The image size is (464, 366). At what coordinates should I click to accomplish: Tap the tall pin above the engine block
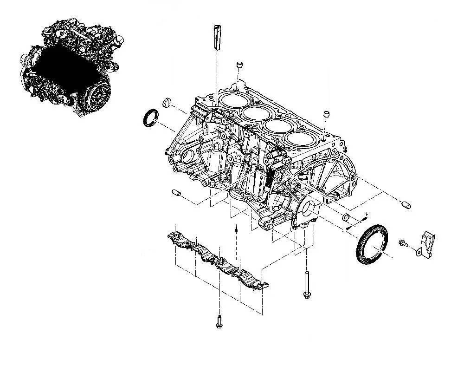tap(217, 38)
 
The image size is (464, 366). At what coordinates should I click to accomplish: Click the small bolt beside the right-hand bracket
tap(403, 243)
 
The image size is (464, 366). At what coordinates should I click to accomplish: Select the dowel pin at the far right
tap(406, 204)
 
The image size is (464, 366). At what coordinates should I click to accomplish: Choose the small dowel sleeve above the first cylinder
tap(239, 65)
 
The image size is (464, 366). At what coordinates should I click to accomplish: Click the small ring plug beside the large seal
tap(346, 217)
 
